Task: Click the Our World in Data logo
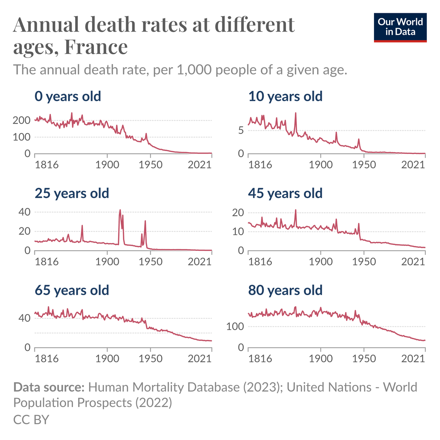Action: point(400,27)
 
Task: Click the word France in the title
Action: point(96,47)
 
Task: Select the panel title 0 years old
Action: point(68,96)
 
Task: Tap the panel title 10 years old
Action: point(285,96)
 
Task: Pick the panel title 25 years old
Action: point(72,193)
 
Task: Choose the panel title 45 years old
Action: point(285,193)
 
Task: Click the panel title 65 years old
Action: point(72,290)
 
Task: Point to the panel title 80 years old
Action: point(285,290)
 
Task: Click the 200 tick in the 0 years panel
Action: point(22,120)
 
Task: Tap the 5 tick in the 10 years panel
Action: point(241,131)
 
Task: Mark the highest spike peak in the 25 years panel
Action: point(120,210)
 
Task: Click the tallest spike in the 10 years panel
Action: point(296,113)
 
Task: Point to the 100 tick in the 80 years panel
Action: point(235,326)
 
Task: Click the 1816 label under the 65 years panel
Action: point(47,358)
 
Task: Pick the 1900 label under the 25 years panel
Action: point(107,261)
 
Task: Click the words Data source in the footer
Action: point(49,387)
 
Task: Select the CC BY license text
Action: point(31,419)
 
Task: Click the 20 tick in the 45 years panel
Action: point(238,213)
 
